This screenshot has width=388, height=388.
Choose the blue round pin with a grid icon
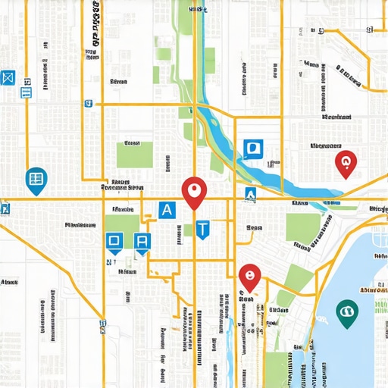tap(34, 180)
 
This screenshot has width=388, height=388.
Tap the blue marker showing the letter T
tap(202, 228)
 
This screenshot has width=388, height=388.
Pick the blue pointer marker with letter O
tap(114, 242)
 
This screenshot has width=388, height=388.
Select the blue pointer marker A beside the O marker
tap(142, 242)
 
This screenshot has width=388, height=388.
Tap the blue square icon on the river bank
tap(252, 148)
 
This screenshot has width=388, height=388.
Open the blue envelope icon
tap(8, 77)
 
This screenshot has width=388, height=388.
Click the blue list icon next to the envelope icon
tap(26, 92)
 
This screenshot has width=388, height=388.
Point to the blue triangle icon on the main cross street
tap(249, 195)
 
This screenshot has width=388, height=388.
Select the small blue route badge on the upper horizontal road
tap(89, 103)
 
